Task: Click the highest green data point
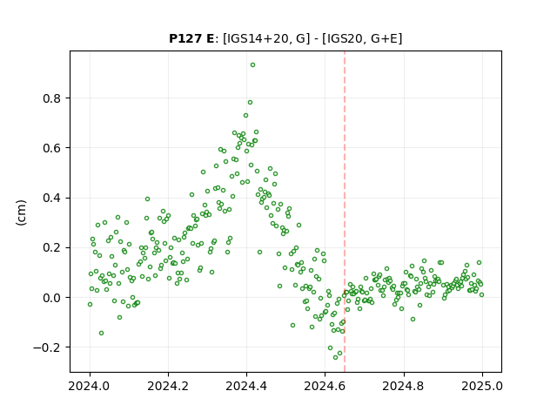[252, 65]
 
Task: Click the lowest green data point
[335, 357]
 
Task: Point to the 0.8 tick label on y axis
[51, 98]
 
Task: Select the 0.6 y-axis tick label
[51, 148]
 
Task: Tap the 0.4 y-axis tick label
[51, 198]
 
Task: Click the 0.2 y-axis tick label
[51, 247]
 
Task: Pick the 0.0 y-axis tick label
[51, 298]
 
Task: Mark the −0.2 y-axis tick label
[47, 347]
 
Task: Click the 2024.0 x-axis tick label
[90, 386]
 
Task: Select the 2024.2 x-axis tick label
[168, 386]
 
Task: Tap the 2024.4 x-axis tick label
[246, 386]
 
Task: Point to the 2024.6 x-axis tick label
[325, 386]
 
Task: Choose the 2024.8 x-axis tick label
[404, 386]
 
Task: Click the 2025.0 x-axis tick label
[482, 386]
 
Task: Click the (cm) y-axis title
[21, 212]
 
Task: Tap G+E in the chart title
[385, 38]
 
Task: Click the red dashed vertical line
[345, 212]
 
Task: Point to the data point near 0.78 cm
[250, 103]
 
